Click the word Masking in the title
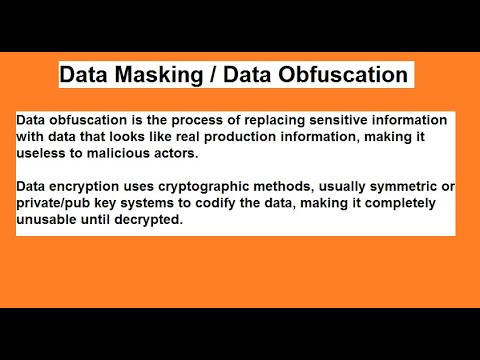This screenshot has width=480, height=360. pyautogui.click(x=149, y=75)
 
